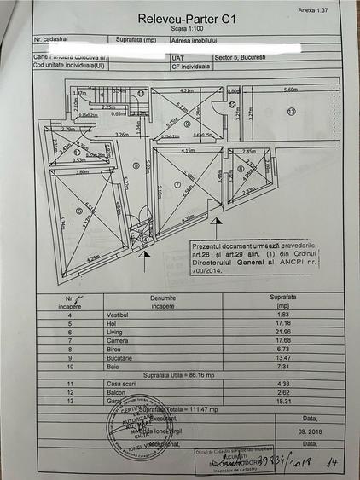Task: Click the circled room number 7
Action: click(x=178, y=183)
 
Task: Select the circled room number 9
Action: click(x=187, y=123)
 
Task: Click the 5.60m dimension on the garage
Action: click(x=290, y=90)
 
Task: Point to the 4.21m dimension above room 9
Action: click(x=188, y=90)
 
